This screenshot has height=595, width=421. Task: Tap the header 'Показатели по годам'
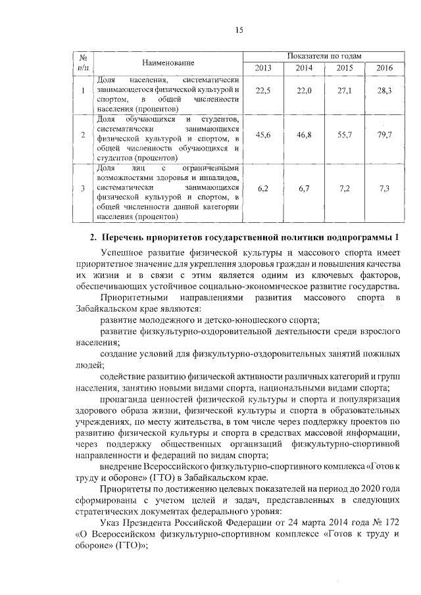pos(323,56)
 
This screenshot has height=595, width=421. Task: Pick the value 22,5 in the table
pos(263,91)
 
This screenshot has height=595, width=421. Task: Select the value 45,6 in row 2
pos(263,134)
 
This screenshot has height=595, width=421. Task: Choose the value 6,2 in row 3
pos(263,189)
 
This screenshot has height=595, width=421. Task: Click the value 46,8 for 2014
pos(303,134)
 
